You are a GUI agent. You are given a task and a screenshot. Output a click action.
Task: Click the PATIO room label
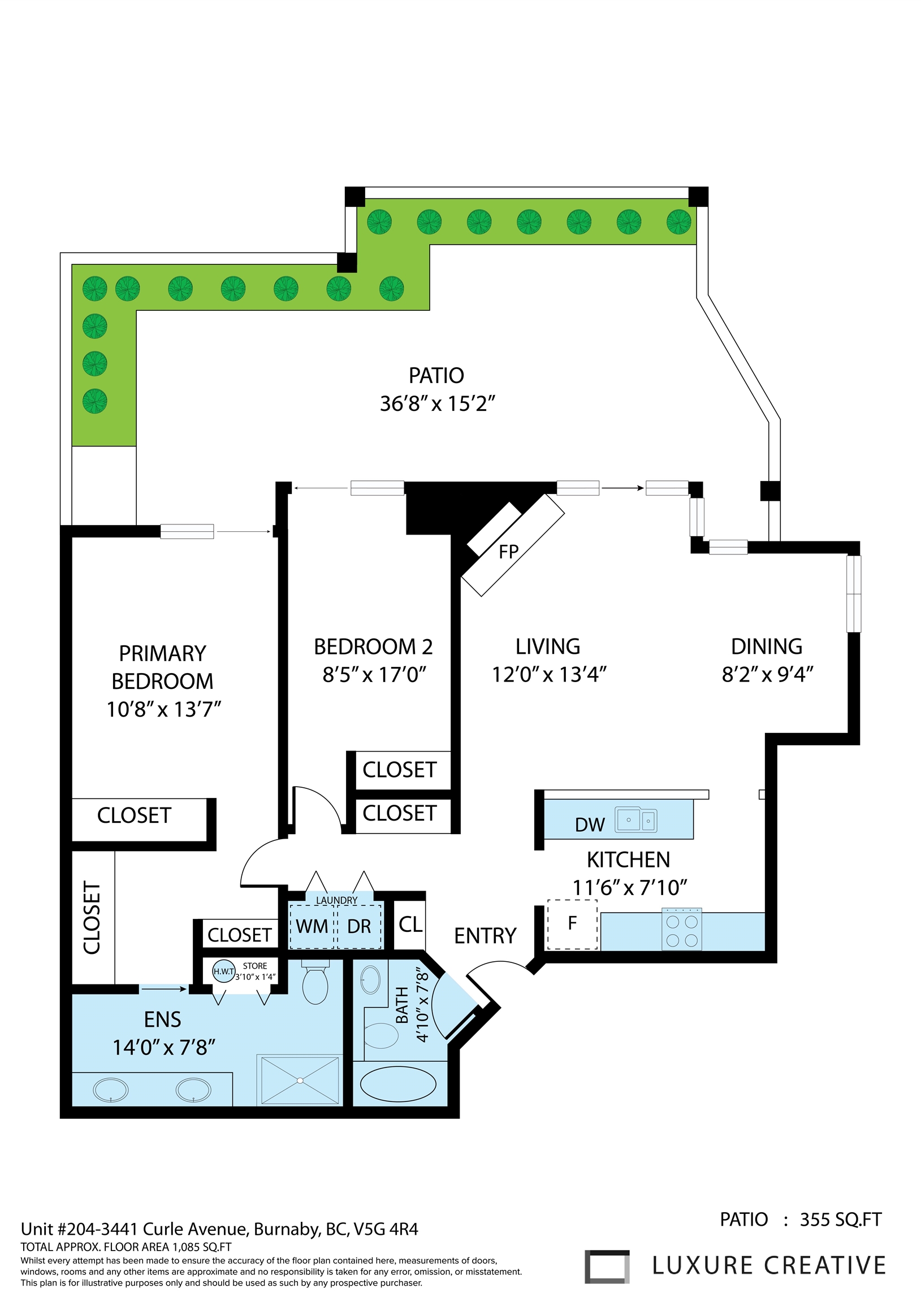436,375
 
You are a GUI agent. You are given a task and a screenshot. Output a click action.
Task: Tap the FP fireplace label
508,552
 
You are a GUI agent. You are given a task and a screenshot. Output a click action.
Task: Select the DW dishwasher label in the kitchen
590,824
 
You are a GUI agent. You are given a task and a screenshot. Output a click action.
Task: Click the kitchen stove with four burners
681,930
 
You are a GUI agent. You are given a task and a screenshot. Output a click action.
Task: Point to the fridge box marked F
572,925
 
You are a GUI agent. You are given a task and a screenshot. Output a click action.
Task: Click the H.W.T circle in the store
223,971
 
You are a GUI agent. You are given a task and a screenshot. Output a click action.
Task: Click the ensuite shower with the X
300,1080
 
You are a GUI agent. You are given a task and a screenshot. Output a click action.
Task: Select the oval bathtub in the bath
399,1084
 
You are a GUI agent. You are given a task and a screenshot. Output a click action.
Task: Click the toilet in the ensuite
315,982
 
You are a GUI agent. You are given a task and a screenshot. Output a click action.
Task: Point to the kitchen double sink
636,820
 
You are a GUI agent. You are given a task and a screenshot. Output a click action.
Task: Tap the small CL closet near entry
410,925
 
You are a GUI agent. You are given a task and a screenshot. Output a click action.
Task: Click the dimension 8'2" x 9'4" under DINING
767,674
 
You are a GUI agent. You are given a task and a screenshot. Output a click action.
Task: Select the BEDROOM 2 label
373,646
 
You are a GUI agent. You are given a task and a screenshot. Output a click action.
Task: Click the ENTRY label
485,936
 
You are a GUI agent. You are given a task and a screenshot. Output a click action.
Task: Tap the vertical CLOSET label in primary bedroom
92,917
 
